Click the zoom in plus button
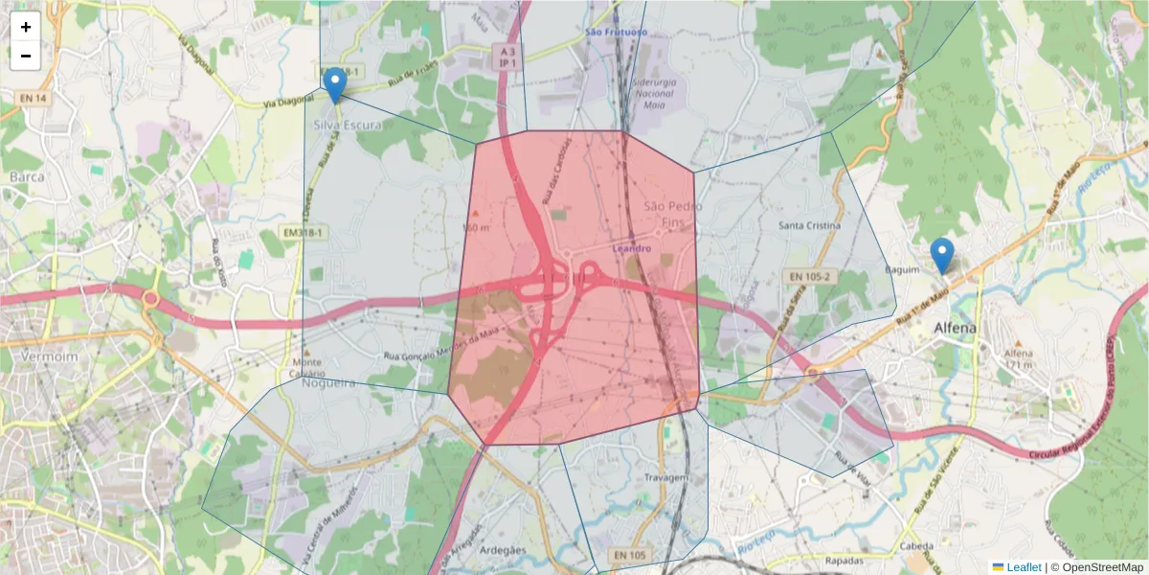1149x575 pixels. click(26, 27)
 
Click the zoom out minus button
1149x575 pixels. click(26, 56)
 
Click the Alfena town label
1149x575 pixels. click(956, 328)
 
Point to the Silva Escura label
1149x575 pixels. click(348, 126)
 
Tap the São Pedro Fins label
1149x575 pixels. click(672, 214)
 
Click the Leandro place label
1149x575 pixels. click(632, 249)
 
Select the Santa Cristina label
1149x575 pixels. click(810, 226)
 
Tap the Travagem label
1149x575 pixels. click(667, 477)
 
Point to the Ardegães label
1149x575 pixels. click(503, 550)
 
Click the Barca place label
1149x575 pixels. click(28, 177)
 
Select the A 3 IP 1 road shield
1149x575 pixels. click(507, 56)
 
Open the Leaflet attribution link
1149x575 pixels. click(1023, 567)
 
